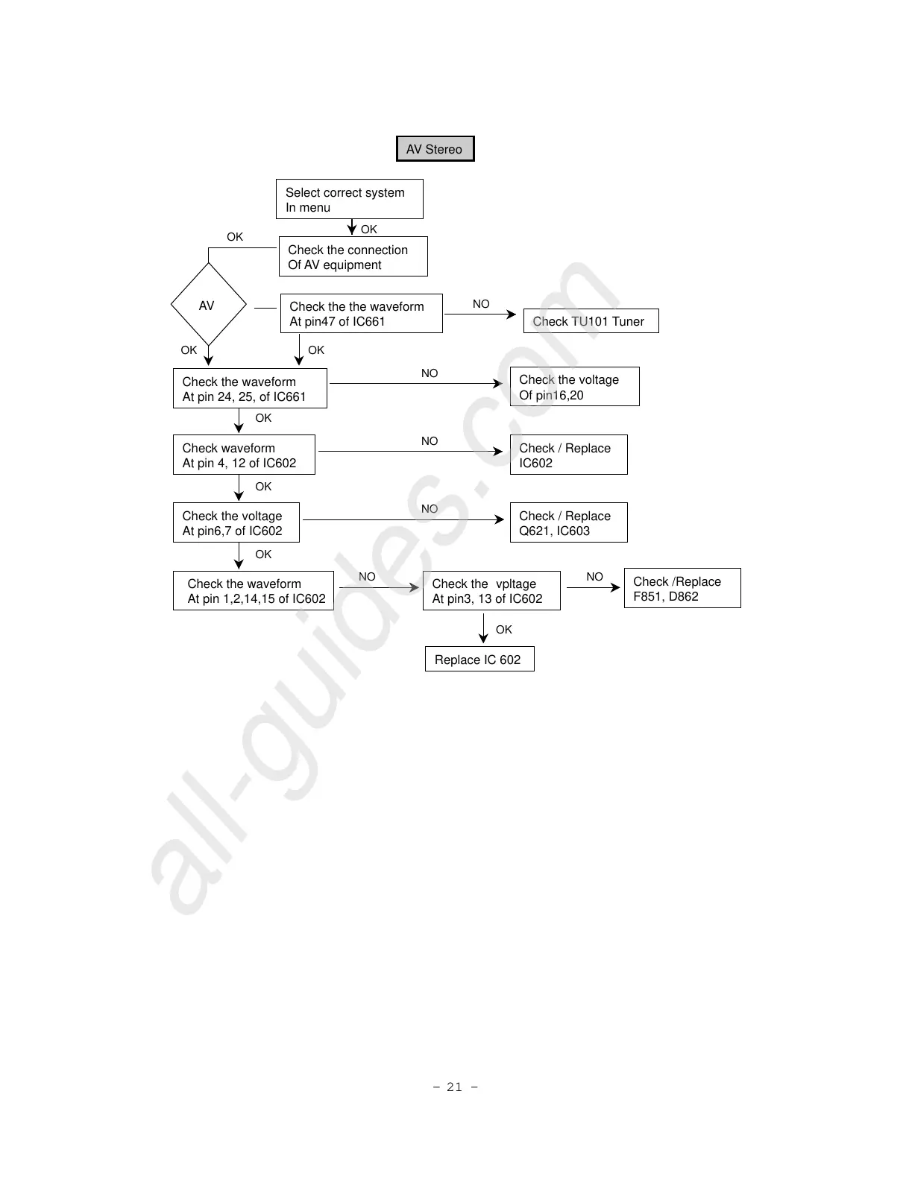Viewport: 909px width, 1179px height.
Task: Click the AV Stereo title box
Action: [x=435, y=149]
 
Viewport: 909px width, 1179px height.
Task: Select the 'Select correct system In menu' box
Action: [x=349, y=199]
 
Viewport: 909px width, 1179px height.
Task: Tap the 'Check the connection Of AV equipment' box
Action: [x=353, y=256]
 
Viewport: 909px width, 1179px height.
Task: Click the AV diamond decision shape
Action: [x=208, y=305]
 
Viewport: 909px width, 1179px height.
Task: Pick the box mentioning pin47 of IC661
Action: [x=361, y=314]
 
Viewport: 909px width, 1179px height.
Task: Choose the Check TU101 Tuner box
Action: [x=591, y=321]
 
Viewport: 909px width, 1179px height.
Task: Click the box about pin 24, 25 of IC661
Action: [x=250, y=388]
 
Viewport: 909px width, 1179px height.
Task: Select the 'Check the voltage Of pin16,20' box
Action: [x=574, y=387]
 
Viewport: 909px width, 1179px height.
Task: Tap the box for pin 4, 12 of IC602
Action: [x=244, y=455]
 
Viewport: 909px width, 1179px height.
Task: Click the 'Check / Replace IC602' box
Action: [x=568, y=455]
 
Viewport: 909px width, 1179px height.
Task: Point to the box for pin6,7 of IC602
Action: [x=236, y=522]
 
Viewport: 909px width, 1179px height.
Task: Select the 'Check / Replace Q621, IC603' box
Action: [x=568, y=522]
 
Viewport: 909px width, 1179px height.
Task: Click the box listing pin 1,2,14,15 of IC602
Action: [x=254, y=591]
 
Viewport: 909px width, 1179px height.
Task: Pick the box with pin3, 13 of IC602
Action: [x=491, y=591]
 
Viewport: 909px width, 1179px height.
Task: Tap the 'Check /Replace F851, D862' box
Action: [x=682, y=589]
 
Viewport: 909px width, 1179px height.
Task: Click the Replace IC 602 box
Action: [x=479, y=660]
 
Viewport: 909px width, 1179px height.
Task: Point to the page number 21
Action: [x=455, y=1087]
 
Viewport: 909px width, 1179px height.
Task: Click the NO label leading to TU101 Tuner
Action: [x=481, y=304]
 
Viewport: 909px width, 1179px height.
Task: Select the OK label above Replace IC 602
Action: [x=504, y=630]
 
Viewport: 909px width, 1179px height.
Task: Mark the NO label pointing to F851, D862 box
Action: [x=594, y=577]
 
